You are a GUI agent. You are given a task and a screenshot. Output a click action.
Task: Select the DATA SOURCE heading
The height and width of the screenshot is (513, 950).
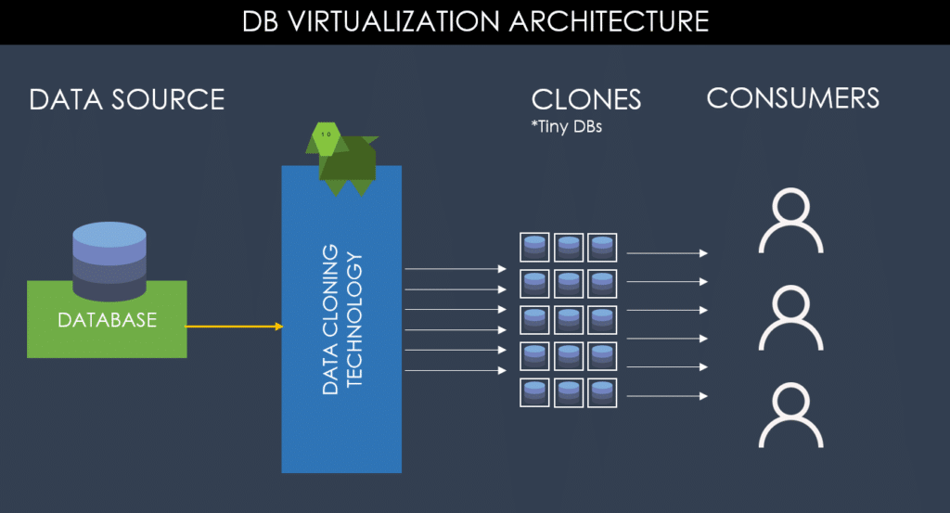pos(127,99)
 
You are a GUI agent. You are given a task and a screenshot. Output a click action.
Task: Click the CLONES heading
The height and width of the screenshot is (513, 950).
pos(585,100)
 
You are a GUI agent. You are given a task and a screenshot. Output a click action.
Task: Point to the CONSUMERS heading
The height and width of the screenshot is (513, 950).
pos(793,98)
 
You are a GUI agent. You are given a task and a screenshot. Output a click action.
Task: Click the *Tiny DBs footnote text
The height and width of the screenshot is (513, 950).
pos(567,126)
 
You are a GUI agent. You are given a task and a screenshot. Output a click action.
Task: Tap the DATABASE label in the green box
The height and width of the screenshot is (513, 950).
pos(107,320)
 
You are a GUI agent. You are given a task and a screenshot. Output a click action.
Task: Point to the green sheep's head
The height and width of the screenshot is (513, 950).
pos(325,136)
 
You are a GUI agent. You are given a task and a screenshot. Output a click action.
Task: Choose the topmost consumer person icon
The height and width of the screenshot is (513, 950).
pos(791,223)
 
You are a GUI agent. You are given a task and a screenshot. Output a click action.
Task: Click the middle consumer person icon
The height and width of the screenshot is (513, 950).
pos(791,318)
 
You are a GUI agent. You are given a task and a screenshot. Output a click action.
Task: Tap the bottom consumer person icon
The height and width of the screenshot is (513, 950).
pos(791,417)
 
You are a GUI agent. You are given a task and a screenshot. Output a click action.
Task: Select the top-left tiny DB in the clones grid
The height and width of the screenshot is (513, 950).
pos(533,247)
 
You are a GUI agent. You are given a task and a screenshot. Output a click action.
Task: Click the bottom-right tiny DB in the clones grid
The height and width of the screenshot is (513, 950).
pos(602,392)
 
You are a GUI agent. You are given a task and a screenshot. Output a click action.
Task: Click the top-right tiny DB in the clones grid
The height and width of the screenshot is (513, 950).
pos(602,247)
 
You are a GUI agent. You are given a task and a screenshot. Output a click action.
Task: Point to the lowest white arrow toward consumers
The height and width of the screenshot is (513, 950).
pos(667,396)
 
